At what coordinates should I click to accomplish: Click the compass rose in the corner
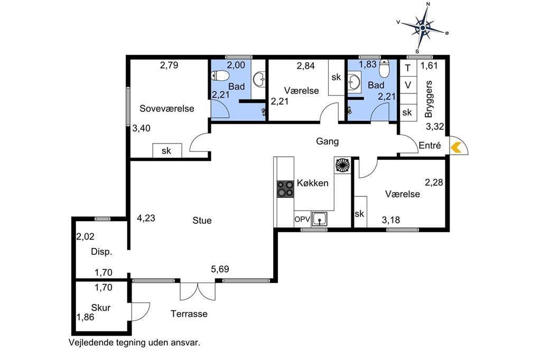point(423,27)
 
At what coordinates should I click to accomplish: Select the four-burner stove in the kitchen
point(285,189)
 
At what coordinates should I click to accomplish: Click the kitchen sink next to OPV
point(320,219)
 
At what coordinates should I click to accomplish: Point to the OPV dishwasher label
point(302,219)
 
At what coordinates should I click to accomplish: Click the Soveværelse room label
point(166,109)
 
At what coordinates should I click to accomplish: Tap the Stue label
point(202,220)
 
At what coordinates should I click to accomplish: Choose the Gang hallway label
point(327,141)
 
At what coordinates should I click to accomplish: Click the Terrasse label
point(189,314)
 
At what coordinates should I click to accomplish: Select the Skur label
point(101,308)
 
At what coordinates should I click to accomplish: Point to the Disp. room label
point(101,252)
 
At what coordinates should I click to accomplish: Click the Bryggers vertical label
point(429,99)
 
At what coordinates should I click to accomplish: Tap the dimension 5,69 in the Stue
point(220,269)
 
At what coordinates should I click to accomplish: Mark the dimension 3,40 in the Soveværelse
point(142,128)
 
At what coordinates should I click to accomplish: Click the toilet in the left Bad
point(220,75)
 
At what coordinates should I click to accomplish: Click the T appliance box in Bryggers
point(408,68)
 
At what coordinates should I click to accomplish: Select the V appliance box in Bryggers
point(408,85)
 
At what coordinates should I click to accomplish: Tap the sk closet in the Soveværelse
point(167,150)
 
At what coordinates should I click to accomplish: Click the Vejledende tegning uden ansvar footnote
point(134,343)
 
